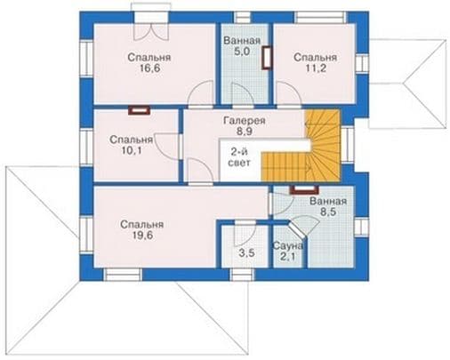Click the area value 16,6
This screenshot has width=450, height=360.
pos(150,68)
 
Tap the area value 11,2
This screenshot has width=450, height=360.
pos(316,68)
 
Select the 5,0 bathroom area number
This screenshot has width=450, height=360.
pos(242,52)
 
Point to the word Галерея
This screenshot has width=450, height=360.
pos(245,121)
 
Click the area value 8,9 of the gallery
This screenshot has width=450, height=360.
pos(245,132)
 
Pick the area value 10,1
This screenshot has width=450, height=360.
pos(132,150)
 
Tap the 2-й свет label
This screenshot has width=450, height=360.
pos(240,157)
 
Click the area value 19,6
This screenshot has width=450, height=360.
pos(142,236)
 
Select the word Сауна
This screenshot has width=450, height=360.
pos(288,245)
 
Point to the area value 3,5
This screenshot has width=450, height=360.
pos(246,253)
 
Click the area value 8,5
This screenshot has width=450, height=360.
pos(328,212)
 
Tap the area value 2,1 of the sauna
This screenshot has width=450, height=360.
pos(287,257)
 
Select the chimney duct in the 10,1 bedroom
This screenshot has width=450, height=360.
pos(140,110)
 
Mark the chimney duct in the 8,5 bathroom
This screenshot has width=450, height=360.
pos(304,189)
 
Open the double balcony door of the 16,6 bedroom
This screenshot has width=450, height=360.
pos(151,31)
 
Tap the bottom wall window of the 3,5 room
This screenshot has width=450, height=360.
pos(242,275)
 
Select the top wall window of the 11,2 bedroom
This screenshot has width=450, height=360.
pos(321,18)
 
